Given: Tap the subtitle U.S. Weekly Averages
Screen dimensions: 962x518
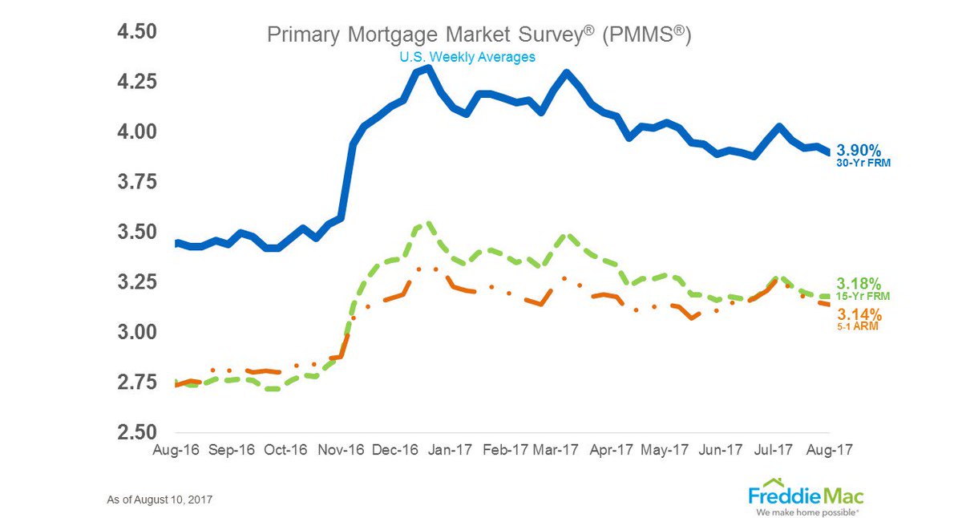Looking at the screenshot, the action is point(467,57).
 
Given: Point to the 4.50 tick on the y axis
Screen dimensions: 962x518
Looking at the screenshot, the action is point(137,32).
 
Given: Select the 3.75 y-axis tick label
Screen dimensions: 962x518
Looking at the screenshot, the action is point(137,182).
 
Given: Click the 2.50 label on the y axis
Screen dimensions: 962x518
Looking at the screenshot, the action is point(137,432).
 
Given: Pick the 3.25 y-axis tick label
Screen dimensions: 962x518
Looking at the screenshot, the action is point(137,282).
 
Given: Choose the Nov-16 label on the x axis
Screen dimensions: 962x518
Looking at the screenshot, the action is point(341,450).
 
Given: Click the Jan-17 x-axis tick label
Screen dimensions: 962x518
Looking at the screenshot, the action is point(450,450).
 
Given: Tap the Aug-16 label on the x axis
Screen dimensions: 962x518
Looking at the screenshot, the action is point(176,450).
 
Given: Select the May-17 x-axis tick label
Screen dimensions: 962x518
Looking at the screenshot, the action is point(665,450).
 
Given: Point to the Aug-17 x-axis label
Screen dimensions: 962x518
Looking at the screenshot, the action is point(829,450).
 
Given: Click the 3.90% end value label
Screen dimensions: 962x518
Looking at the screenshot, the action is point(859,150).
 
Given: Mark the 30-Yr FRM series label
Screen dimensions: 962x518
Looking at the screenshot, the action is point(863,164).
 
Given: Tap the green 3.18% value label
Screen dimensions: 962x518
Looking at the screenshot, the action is point(859,284).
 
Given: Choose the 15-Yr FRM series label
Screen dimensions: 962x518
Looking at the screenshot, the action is point(863,297).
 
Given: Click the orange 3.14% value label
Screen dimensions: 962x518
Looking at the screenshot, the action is point(859,314).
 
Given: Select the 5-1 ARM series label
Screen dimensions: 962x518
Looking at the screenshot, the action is point(858,326).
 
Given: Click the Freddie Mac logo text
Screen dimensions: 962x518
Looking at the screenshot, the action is point(806,496).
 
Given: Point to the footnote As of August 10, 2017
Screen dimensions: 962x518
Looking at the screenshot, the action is point(160,500).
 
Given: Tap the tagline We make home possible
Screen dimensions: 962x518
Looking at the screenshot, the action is point(807,512).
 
